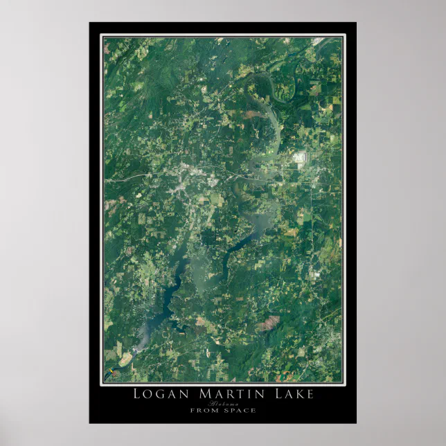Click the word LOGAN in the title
[x=157, y=395]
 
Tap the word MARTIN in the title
[x=224, y=395]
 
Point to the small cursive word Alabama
[x=223, y=404]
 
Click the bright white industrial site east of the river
[x=301, y=158]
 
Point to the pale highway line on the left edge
[x=121, y=179]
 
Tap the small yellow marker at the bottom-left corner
[x=109, y=373]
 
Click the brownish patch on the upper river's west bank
[x=251, y=113]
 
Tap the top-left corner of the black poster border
[x=90, y=23]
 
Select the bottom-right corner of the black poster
[x=355, y=422]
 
